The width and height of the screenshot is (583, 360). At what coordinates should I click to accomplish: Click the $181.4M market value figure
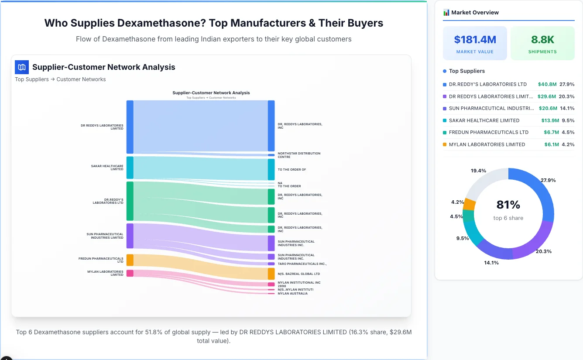tap(475, 40)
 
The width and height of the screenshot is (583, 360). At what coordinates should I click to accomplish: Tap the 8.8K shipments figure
tap(542, 40)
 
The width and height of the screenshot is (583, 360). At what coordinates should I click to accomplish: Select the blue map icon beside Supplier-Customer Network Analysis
tap(22, 67)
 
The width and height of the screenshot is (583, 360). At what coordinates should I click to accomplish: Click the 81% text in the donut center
tap(508, 205)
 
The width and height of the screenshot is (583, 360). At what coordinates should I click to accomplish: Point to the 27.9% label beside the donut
tap(548, 180)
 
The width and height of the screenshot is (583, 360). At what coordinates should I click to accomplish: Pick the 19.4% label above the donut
tap(478, 171)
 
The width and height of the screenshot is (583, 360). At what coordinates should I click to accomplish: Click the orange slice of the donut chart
tap(470, 204)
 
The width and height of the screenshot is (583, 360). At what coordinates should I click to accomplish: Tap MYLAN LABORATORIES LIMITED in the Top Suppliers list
tap(487, 144)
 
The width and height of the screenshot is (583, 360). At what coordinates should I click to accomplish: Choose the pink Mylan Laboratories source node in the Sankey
tap(130, 273)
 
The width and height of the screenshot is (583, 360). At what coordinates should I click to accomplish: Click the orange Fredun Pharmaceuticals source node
tap(130, 260)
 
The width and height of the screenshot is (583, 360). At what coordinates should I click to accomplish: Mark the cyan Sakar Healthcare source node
tap(130, 168)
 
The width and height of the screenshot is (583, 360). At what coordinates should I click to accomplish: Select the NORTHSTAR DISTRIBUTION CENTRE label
tap(299, 155)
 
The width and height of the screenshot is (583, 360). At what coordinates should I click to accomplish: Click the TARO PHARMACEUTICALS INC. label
tap(302, 264)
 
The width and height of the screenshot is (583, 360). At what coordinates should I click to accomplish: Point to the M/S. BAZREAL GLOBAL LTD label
tap(298, 274)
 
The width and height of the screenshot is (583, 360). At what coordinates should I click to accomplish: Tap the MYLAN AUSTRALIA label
tap(292, 294)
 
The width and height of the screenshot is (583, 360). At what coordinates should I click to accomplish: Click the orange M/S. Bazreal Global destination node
tap(271, 274)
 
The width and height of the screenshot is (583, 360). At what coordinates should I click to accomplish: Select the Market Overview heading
tap(475, 13)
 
